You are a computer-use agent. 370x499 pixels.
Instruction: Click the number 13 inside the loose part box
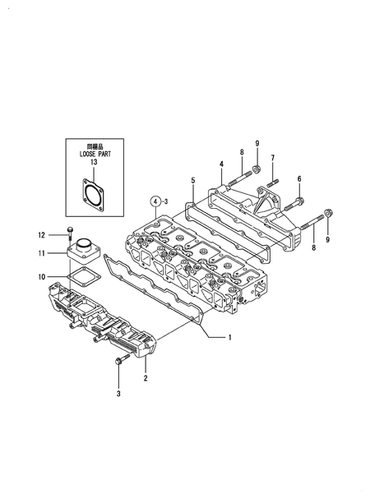[x=93, y=163]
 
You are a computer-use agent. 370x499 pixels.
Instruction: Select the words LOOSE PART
[x=93, y=154]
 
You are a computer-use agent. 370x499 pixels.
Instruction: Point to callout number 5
[x=192, y=179]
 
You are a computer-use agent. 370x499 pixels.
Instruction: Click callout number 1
[x=230, y=337]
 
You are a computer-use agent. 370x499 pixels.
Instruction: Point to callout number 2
[x=146, y=378]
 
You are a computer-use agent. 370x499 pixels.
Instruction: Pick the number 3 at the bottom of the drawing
[x=118, y=395]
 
